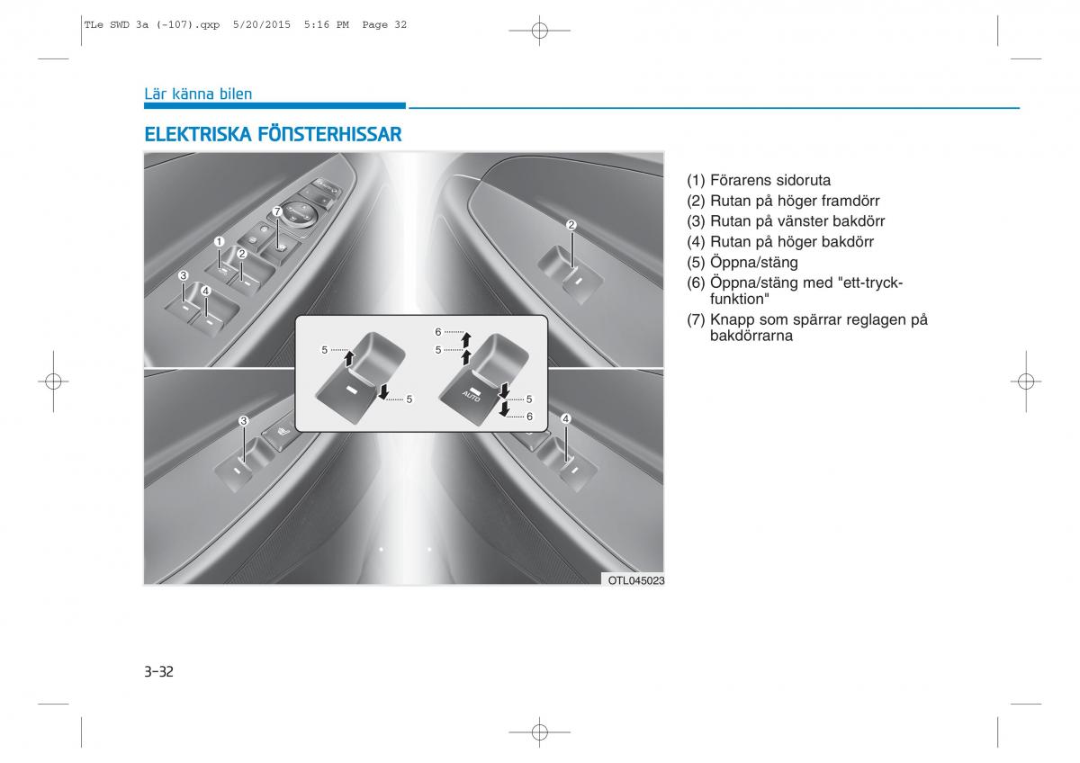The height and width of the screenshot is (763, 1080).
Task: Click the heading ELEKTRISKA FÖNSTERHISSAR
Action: pyautogui.click(x=273, y=134)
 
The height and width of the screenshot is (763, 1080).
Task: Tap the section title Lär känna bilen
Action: pyautogui.click(x=198, y=94)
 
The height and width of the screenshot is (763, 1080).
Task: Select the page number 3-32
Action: pyautogui.click(x=158, y=671)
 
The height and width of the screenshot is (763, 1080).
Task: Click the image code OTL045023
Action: pyautogui.click(x=636, y=580)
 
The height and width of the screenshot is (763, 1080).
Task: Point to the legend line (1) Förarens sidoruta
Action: pyautogui.click(x=759, y=180)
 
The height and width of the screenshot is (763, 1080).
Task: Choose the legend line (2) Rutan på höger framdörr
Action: pyautogui.click(x=783, y=201)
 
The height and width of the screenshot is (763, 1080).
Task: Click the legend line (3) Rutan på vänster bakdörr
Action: pyautogui.click(x=786, y=221)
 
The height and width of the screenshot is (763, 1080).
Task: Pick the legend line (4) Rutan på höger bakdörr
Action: pyautogui.click(x=780, y=241)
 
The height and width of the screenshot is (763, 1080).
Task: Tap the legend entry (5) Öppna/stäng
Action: pyautogui.click(x=742, y=262)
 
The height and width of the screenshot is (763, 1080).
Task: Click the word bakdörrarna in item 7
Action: pyautogui.click(x=751, y=336)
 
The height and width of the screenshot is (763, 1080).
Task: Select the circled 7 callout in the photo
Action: pyautogui.click(x=277, y=211)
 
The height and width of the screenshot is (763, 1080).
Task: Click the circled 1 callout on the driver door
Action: pyautogui.click(x=219, y=241)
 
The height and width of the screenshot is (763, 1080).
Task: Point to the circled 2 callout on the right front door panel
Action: pyautogui.click(x=571, y=225)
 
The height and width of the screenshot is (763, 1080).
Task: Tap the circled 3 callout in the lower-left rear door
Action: pyautogui.click(x=244, y=421)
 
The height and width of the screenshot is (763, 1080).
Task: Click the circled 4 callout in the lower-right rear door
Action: pyautogui.click(x=566, y=419)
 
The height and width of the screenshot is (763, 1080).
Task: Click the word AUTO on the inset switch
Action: pyautogui.click(x=471, y=396)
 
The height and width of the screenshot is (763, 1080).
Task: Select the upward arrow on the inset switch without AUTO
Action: pyautogui.click(x=349, y=359)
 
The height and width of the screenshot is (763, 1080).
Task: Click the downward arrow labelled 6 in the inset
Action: pyautogui.click(x=504, y=409)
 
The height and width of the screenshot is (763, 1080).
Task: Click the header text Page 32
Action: pyautogui.click(x=384, y=24)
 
